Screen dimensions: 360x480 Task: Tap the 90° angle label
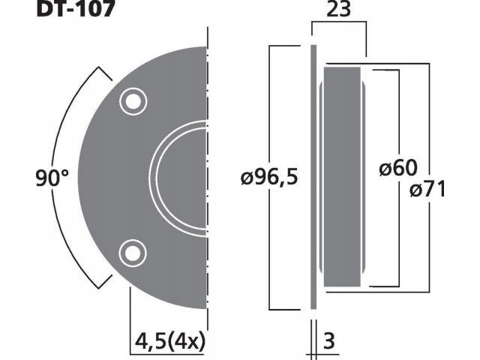tap(52, 178)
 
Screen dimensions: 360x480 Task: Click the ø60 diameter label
tap(398, 169)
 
